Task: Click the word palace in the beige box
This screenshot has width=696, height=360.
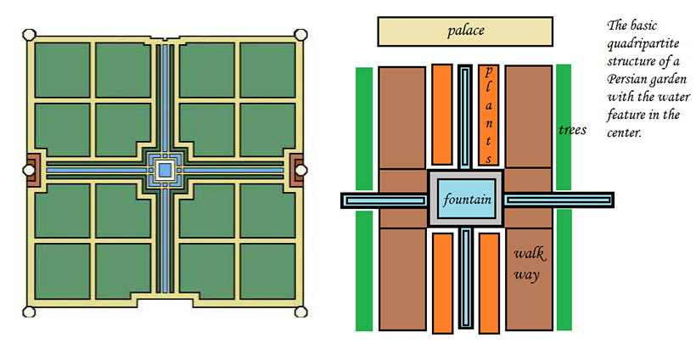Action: coord(466,31)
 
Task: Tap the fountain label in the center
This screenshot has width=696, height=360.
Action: coord(465,200)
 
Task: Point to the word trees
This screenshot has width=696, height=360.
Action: coord(573,130)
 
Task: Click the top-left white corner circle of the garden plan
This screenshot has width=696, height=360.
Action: coord(28,35)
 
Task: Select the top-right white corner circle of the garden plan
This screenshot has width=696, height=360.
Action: coord(300,34)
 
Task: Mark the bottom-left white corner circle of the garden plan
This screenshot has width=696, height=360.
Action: coord(28,311)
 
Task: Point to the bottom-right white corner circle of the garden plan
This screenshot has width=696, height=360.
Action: coord(300,311)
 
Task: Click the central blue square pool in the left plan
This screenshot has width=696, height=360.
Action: coord(165,171)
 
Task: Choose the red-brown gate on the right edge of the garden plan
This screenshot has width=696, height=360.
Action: coord(298,170)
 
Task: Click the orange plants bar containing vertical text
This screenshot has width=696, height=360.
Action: coord(489,114)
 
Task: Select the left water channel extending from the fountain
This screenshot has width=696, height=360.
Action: coord(384,200)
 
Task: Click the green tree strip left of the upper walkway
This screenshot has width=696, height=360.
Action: coord(364,127)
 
